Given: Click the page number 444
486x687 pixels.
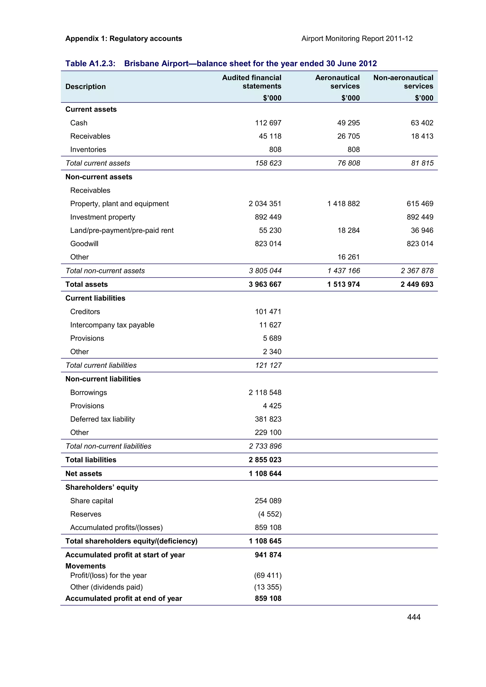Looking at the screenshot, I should (x=414, y=617).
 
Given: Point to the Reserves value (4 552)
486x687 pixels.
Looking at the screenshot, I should (x=270, y=514).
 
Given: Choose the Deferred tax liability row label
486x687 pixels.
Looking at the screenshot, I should (x=103, y=419).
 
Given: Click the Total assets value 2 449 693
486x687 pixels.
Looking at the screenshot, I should (x=417, y=284).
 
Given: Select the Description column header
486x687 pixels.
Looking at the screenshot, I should (x=86, y=87).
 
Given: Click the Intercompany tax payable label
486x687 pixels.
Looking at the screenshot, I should (x=112, y=325).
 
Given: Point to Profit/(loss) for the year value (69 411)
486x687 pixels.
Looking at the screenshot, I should (x=268, y=575).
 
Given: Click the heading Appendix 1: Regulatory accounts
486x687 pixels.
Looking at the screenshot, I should (x=124, y=39).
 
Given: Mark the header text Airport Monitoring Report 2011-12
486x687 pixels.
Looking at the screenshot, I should (x=357, y=39).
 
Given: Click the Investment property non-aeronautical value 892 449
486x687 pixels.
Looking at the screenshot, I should (x=420, y=217).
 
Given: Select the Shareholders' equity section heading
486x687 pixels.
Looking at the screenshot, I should (x=102, y=487).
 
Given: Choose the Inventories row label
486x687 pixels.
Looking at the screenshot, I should (x=88, y=149).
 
